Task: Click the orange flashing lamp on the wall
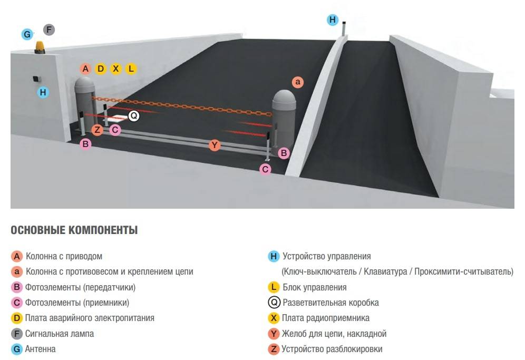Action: pyautogui.click(x=41, y=48)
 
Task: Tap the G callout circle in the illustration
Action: pyautogui.click(x=27, y=35)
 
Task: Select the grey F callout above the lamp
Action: pyautogui.click(x=48, y=30)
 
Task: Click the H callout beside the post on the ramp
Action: pyautogui.click(x=332, y=20)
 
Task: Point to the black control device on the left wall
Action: pyautogui.click(x=37, y=79)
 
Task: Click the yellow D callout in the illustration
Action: pyautogui.click(x=101, y=69)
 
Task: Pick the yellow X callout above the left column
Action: pyautogui.click(x=116, y=69)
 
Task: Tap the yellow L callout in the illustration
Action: pyautogui.click(x=131, y=69)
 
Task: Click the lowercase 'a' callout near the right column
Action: pyautogui.click(x=298, y=82)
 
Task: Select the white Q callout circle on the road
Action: pyautogui.click(x=134, y=115)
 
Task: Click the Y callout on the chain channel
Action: pyautogui.click(x=214, y=145)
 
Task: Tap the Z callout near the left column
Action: pyautogui.click(x=97, y=130)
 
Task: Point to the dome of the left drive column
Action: pyautogui.click(x=84, y=84)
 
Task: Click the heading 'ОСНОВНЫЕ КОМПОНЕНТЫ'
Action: pyautogui.click(x=74, y=230)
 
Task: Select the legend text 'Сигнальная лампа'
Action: pyautogui.click(x=60, y=334)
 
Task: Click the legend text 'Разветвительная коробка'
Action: pyautogui.click(x=330, y=303)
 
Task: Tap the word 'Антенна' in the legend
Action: pyautogui.click(x=41, y=349)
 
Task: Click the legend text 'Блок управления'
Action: pyautogui.click(x=315, y=287)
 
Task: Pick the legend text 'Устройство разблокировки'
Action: pyautogui.click(x=332, y=349)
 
